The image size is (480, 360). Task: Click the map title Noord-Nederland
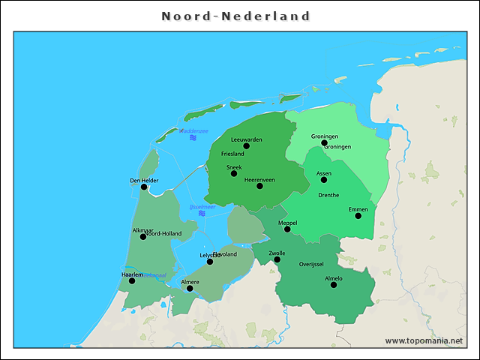(x=236, y=16)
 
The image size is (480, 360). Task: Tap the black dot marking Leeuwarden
(x=246, y=146)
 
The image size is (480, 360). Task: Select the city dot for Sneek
(x=234, y=173)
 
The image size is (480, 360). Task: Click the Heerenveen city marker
(x=259, y=185)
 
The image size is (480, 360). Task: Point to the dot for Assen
(x=324, y=179)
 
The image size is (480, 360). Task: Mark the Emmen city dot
(x=358, y=215)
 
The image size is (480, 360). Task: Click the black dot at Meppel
(x=287, y=229)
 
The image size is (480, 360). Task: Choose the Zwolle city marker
(x=277, y=259)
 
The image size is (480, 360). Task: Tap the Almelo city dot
(x=333, y=284)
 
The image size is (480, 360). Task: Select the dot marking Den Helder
(x=144, y=187)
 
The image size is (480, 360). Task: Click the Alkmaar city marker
(x=143, y=236)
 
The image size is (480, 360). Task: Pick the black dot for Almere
(x=190, y=288)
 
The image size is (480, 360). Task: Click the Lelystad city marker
(x=210, y=261)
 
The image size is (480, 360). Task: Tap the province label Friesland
(x=232, y=154)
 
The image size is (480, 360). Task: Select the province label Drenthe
(x=328, y=195)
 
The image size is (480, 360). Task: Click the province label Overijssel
(x=310, y=265)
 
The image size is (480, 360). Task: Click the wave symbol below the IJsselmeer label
(x=202, y=214)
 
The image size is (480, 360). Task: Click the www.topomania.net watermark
(x=424, y=340)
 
